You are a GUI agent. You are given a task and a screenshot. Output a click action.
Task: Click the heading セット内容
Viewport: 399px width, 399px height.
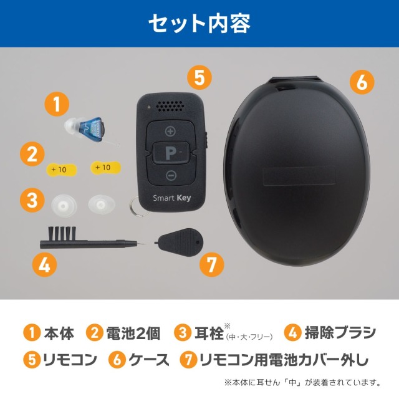199,24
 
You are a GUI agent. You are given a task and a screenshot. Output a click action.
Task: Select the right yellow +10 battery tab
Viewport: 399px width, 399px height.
103,167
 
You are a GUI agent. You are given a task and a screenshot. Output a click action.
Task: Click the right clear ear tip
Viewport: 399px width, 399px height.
102,203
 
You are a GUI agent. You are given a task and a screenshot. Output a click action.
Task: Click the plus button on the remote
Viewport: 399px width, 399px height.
170,132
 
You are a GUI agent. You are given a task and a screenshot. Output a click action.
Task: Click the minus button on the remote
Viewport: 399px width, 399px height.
170,175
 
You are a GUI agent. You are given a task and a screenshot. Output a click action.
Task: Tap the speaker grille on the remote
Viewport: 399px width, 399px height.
170,107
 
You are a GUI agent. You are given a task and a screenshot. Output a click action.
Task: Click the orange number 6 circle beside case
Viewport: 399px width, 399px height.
362,81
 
